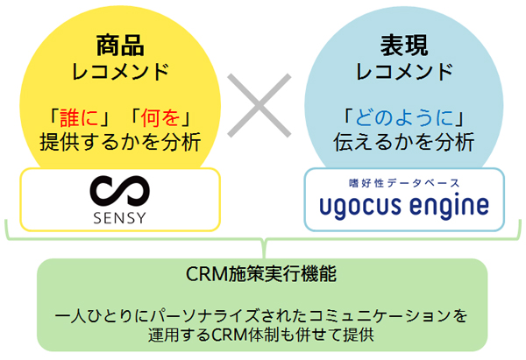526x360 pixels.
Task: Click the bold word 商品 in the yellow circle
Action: [x=120, y=46]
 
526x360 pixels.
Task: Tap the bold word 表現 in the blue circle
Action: [x=404, y=46]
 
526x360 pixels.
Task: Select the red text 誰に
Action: [x=80, y=117]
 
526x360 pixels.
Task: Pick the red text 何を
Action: [x=160, y=117]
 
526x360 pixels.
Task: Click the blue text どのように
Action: [x=404, y=117]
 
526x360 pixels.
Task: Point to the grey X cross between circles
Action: [x=259, y=106]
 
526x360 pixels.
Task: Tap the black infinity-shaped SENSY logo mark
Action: [x=120, y=191]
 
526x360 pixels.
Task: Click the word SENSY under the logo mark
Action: [x=120, y=218]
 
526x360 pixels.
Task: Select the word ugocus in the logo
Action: [x=360, y=206]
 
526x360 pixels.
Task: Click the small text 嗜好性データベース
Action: [x=404, y=183]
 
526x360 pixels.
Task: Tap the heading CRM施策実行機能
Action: [x=261, y=274]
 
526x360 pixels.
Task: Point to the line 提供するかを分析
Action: [x=120, y=141]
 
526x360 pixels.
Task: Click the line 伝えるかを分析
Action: [x=404, y=141]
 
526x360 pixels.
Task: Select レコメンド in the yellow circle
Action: [x=120, y=72]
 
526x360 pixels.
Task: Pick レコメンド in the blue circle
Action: [x=404, y=72]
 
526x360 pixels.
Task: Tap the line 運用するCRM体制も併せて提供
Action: [x=261, y=335]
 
